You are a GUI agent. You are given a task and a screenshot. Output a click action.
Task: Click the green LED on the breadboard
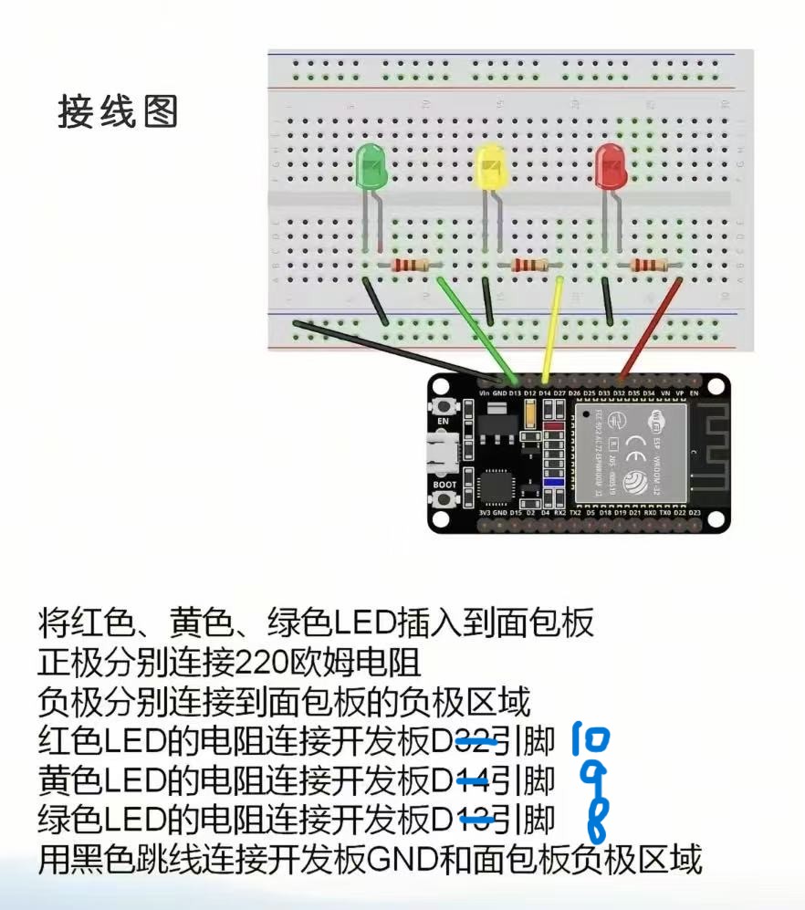[x=371, y=167]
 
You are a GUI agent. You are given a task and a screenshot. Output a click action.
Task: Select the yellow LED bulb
[x=491, y=167]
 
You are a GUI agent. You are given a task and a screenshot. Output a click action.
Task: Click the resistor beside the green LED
[x=410, y=266]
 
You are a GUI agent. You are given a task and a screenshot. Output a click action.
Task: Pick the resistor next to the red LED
[x=648, y=266]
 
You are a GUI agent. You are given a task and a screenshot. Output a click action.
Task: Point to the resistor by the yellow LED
[x=529, y=266]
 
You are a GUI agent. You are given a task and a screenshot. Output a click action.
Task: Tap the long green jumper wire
[x=475, y=324]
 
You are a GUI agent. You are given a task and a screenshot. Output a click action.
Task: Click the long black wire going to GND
[x=392, y=347]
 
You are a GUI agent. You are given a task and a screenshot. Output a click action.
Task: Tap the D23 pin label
[x=695, y=513]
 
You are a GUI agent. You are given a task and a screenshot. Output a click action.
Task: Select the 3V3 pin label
[x=485, y=513]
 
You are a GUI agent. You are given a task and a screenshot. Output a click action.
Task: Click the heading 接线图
[x=118, y=111]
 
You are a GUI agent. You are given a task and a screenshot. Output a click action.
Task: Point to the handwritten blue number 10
[x=592, y=740]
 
